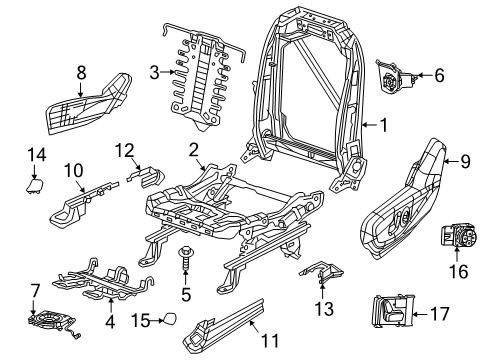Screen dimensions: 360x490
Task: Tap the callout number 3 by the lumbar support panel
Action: [x=155, y=71]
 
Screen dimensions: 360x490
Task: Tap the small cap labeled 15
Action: [x=170, y=320]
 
